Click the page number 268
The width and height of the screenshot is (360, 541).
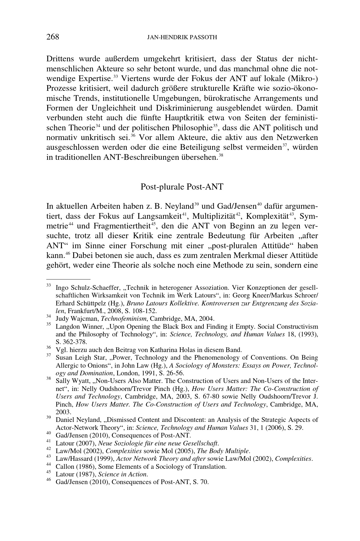point(53,37)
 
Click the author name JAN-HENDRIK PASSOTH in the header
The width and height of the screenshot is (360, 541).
point(182,37)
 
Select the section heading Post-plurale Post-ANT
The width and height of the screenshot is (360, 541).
point(182,187)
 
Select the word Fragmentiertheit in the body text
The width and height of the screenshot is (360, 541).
point(122,226)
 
